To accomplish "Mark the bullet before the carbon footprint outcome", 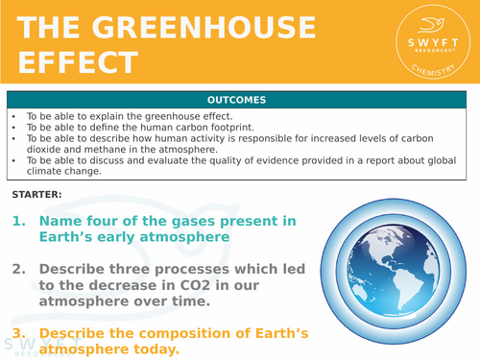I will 13,126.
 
